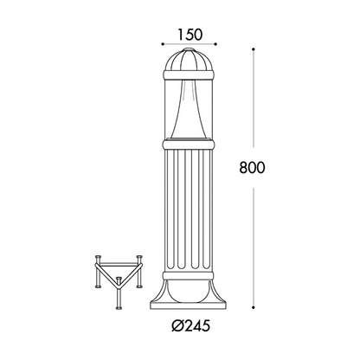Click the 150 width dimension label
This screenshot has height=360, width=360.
click(x=190, y=35)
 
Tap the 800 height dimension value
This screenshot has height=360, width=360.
click(x=252, y=168)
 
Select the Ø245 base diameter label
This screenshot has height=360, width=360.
click(x=190, y=326)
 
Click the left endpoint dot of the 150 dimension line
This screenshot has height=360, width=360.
click(x=163, y=44)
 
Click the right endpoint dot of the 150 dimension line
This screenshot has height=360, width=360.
click(x=215, y=44)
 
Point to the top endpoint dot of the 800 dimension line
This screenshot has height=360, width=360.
click(x=254, y=49)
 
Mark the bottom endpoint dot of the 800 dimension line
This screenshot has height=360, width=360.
click(x=254, y=307)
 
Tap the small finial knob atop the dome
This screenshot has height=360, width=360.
click(x=189, y=49)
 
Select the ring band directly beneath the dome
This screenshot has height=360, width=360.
click(x=189, y=75)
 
